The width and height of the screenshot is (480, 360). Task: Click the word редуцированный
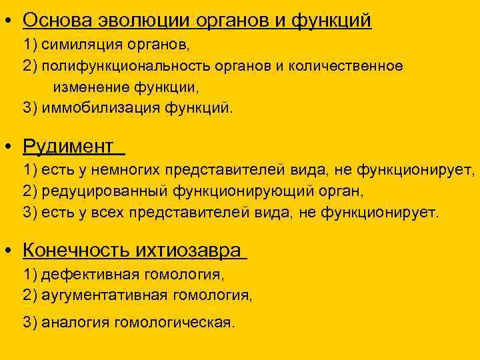point(105,191)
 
